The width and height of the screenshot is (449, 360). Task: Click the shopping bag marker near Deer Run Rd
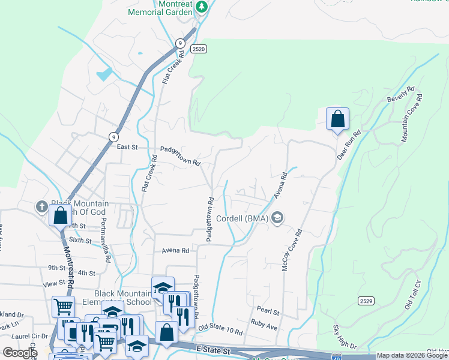[337, 118]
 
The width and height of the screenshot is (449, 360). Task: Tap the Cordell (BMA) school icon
[277, 218]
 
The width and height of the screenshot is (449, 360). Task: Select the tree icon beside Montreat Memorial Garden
[203, 7]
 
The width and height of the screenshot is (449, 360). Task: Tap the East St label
[127, 146]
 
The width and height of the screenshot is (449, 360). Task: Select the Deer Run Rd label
[348, 145]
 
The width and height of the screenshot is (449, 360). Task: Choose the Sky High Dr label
[345, 337]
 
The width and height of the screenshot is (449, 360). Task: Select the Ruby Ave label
[264, 327]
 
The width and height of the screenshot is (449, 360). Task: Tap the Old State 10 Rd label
[220, 329]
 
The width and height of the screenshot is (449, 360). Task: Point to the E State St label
[213, 349]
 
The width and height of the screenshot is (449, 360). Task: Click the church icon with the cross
[41, 206]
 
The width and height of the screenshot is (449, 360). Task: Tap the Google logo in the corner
[20, 353]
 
